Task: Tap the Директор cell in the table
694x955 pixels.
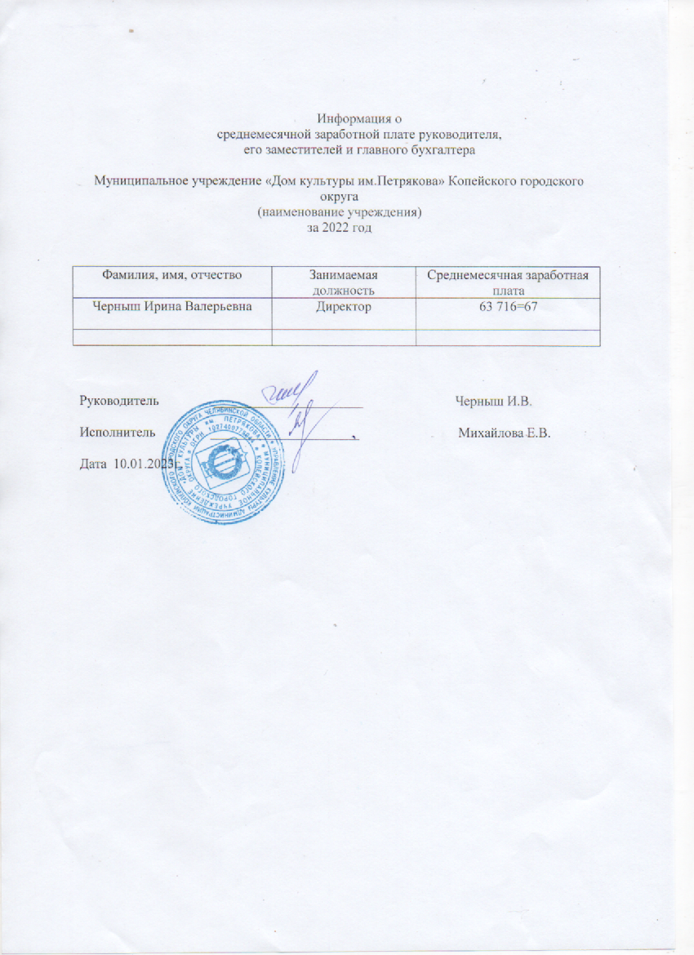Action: click(343, 307)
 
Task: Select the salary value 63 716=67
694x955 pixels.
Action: click(508, 307)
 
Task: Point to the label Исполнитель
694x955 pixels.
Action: click(117, 433)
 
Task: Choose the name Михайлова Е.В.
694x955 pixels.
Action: click(505, 433)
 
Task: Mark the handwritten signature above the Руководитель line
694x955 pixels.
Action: click(290, 390)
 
